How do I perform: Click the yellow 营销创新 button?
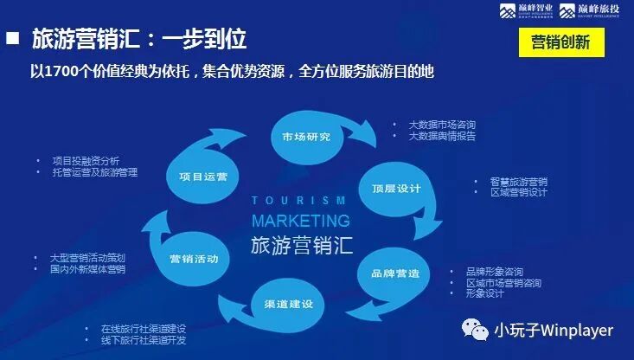[x=560, y=42]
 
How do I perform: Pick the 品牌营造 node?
[x=395, y=273]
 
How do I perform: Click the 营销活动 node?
[x=194, y=260]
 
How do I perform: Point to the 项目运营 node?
[x=203, y=177]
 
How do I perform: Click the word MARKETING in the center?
[x=300, y=221]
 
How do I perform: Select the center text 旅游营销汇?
[x=302, y=244]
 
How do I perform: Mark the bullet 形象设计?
[x=484, y=293]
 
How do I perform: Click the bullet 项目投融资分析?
[x=86, y=161]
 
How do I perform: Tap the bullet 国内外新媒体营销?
[x=87, y=269]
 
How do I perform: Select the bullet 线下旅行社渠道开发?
[x=143, y=341]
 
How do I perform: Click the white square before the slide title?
[x=13, y=38]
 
